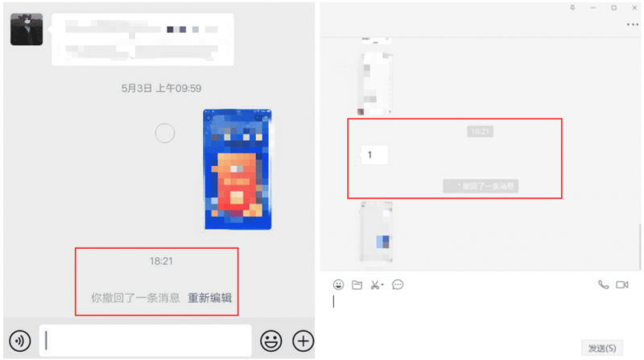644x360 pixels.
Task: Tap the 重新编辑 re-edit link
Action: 210,298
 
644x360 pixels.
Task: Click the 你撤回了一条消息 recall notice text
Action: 135,298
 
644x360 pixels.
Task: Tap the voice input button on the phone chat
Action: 20,341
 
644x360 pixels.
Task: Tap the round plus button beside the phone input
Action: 303,341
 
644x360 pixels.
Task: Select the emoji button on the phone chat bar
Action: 271,341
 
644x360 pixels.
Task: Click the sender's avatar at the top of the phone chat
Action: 27,30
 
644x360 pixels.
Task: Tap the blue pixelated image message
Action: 237,169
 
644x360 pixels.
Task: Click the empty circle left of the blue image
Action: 165,133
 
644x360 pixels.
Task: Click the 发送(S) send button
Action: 602,348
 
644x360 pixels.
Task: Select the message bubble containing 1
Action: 374,155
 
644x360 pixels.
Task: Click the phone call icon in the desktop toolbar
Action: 604,284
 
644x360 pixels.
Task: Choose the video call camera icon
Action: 621,284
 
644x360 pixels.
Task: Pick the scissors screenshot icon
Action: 376,284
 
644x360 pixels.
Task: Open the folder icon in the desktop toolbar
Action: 357,284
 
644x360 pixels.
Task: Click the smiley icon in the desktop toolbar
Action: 338,284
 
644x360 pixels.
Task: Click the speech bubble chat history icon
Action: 398,284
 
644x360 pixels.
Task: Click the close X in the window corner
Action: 634,7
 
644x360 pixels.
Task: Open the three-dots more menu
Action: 632,25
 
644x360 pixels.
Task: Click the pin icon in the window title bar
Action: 572,7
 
